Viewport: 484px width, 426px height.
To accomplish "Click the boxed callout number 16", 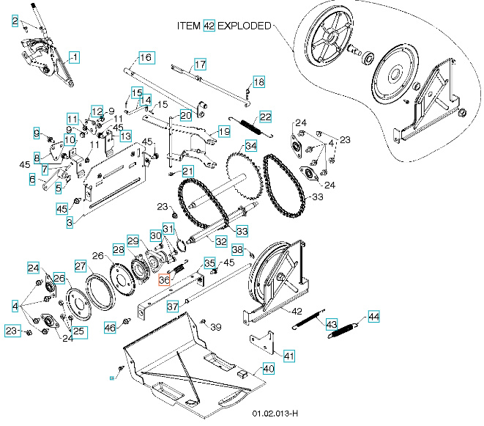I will tap(145, 57).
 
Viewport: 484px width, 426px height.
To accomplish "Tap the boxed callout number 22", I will tap(265, 117).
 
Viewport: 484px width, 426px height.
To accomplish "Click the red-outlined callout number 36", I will tap(165, 279).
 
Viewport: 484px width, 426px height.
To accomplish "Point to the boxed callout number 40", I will tap(268, 368).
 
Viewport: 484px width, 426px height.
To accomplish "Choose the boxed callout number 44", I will tap(374, 317).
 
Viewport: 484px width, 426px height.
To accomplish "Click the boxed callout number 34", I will tap(251, 146).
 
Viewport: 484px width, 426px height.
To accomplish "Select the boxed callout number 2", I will tap(15, 22).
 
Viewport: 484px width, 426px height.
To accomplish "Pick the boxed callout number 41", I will tap(289, 356).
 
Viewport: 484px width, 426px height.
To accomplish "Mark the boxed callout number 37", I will tap(172, 306).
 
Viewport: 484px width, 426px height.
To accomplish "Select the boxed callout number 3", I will tap(70, 221).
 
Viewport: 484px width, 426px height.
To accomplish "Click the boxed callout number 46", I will tap(111, 327).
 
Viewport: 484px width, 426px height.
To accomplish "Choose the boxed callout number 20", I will tap(185, 116).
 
